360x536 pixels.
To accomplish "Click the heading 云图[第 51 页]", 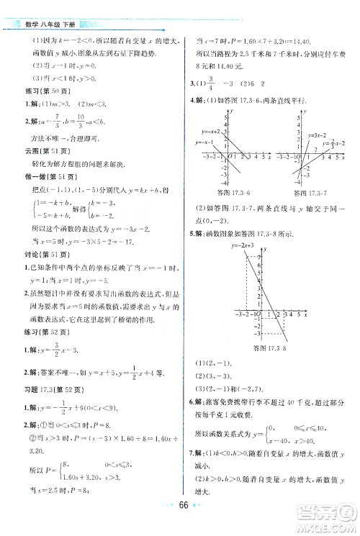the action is [x=32, y=152].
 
